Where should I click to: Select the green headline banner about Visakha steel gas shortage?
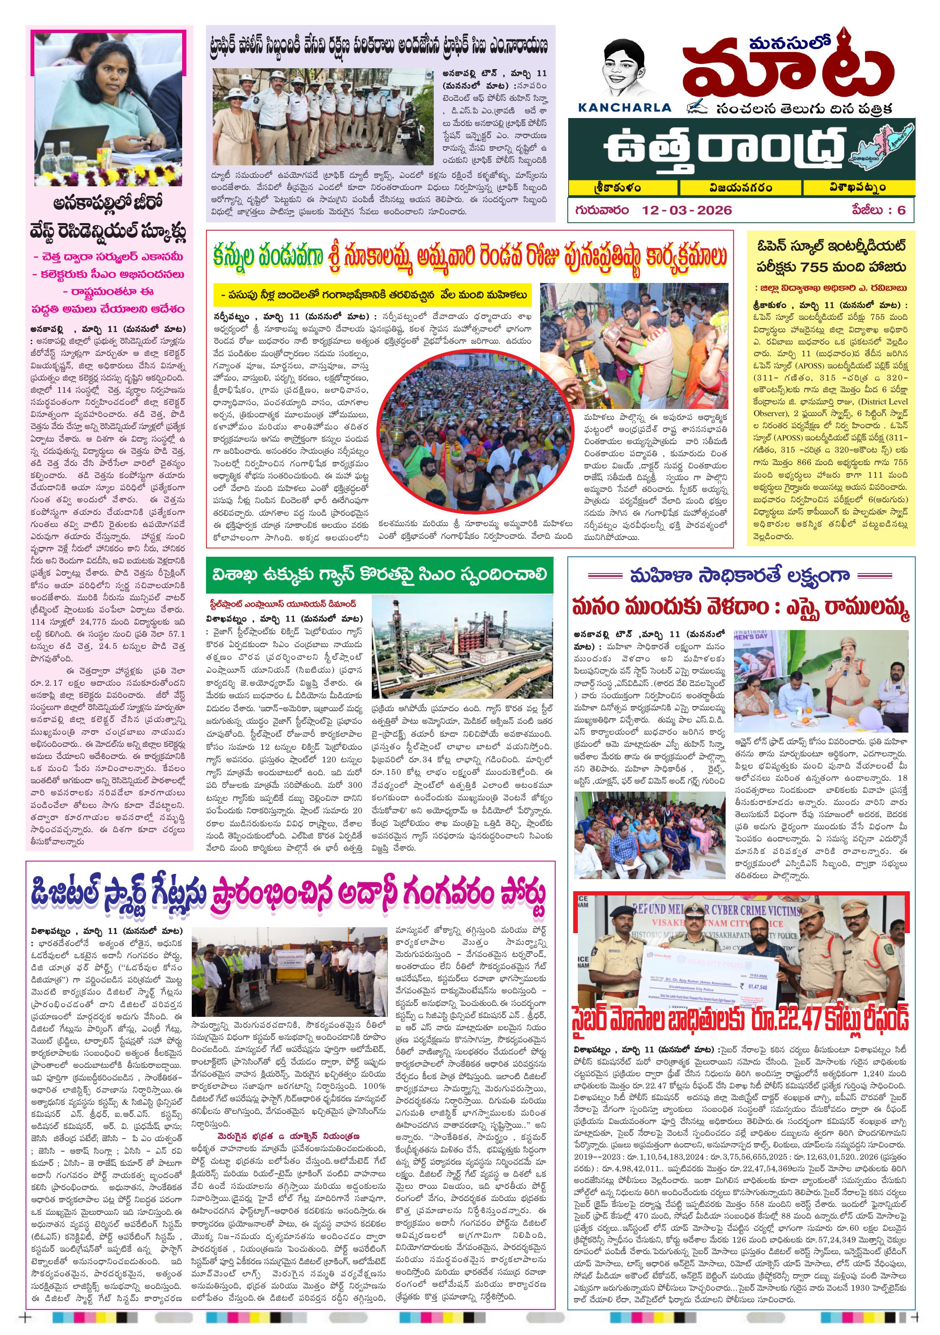point(379,574)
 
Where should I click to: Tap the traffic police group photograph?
point(323,116)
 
